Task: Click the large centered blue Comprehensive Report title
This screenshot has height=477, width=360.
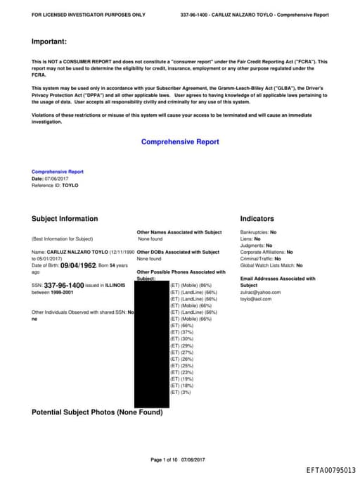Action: coord(180,141)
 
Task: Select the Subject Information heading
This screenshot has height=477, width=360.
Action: coord(65,219)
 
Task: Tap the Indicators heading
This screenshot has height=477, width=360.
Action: coord(257,219)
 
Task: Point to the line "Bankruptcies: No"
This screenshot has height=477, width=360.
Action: coord(258,232)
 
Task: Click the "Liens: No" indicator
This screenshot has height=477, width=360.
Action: coord(250,238)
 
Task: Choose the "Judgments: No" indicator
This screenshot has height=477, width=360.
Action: coord(256,246)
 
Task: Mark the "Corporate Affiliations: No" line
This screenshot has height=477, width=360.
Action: coord(266,252)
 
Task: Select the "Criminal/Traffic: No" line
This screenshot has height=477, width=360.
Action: coord(260,259)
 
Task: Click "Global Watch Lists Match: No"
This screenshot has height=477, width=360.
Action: coord(271,265)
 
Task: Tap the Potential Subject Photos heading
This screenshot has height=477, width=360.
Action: coord(97,412)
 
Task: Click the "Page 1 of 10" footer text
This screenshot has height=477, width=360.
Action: coord(165,459)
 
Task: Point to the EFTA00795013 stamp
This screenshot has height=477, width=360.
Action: coord(330,469)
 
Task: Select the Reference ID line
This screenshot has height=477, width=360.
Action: coord(55,185)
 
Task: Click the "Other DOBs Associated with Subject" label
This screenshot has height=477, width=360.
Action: coord(179,252)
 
